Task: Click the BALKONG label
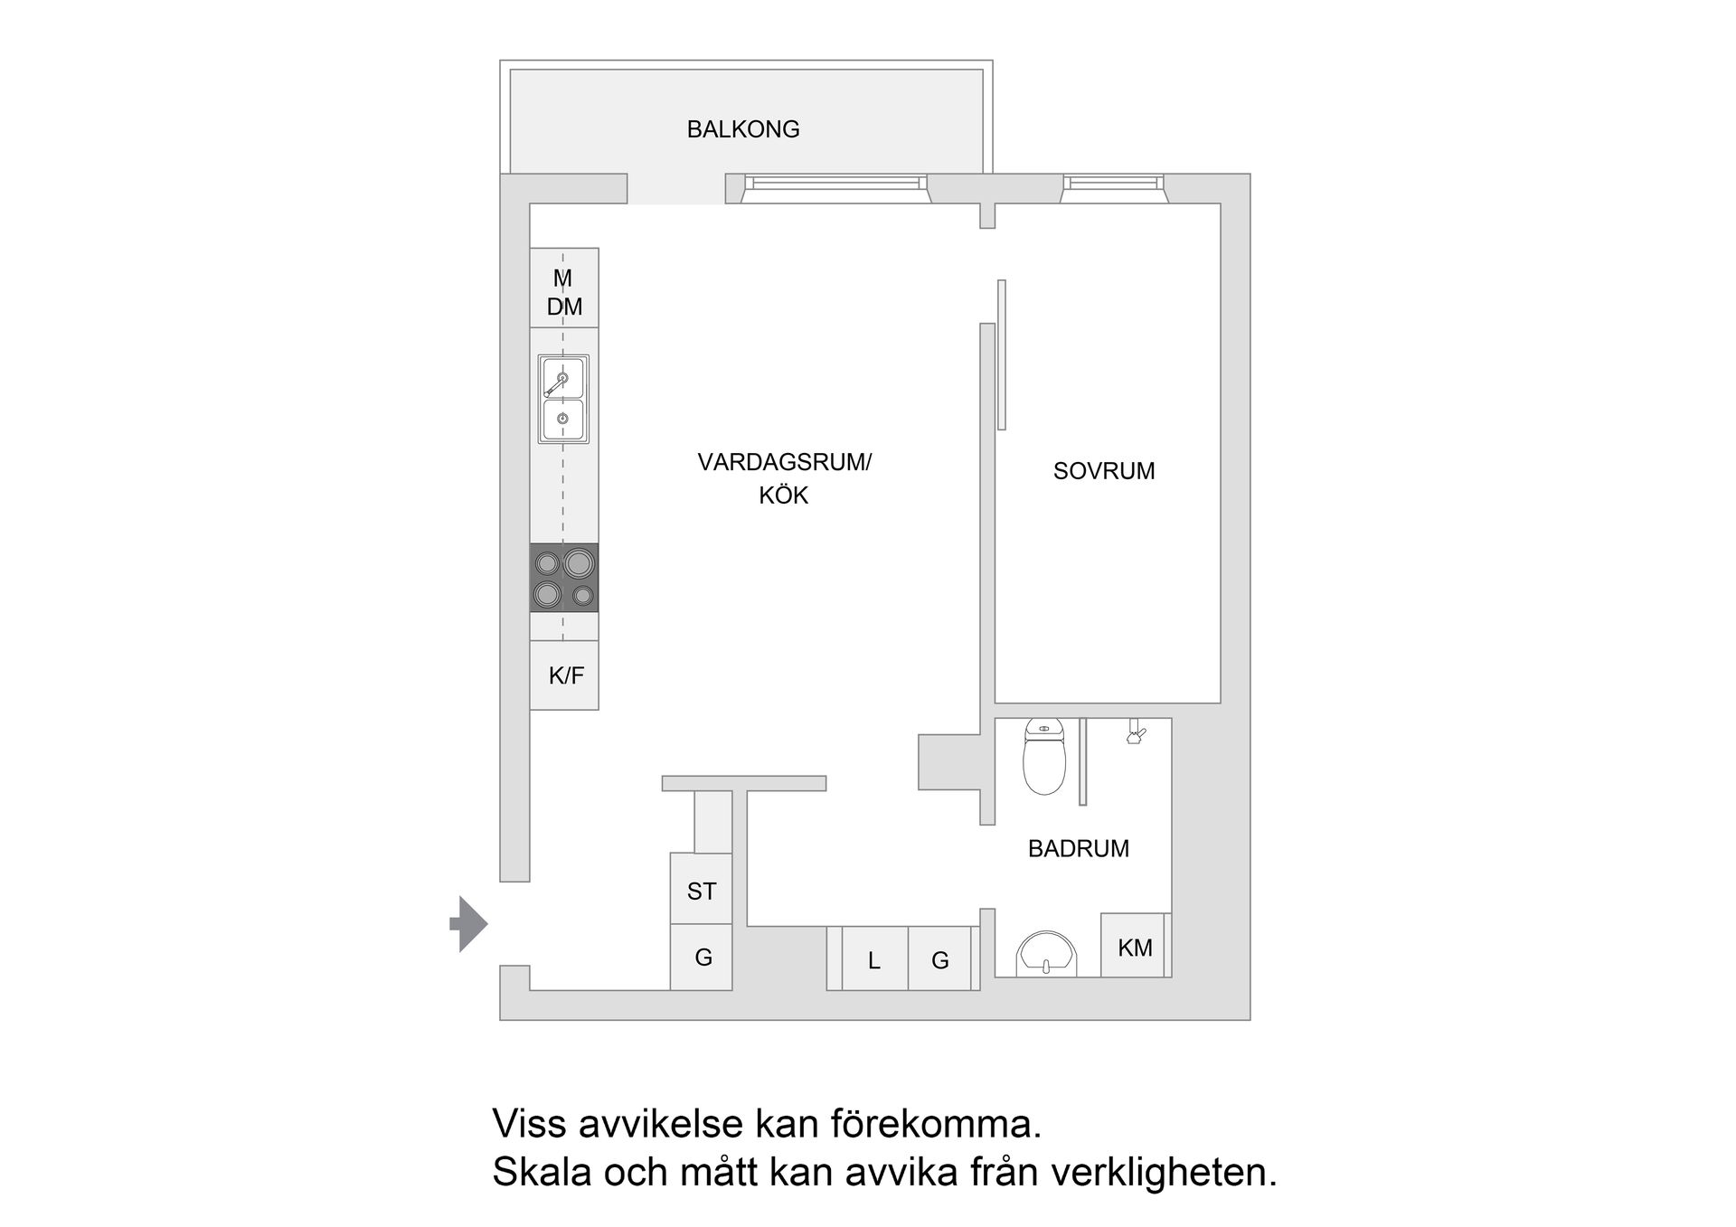click(x=743, y=129)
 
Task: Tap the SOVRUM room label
click(x=1103, y=471)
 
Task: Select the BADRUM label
click(x=1078, y=849)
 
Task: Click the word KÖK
click(x=783, y=496)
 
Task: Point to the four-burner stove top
click(x=563, y=578)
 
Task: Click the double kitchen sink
click(x=563, y=399)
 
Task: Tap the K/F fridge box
click(x=565, y=675)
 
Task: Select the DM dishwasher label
click(x=564, y=307)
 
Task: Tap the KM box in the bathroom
click(x=1135, y=947)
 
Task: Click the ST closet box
click(x=701, y=891)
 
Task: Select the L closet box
click(x=873, y=960)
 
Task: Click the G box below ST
click(x=703, y=958)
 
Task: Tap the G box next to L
click(x=940, y=960)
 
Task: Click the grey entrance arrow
click(x=469, y=924)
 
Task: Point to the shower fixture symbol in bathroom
click(x=1136, y=733)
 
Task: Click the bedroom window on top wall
click(x=1113, y=184)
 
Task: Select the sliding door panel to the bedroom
click(x=1002, y=355)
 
